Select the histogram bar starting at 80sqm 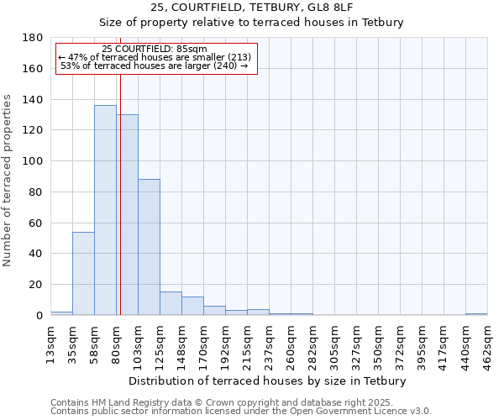pos(127,215)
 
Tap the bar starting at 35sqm pos(83,273)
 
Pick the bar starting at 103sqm pos(149,247)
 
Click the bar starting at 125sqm pos(171,303)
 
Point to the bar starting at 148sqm pos(192,306)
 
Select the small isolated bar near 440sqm pos(476,314)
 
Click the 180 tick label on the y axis pos(33,38)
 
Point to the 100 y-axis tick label pos(33,161)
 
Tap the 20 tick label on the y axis pos(38,285)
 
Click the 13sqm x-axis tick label pos(51,342)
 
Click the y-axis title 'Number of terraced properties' pos(8,180)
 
